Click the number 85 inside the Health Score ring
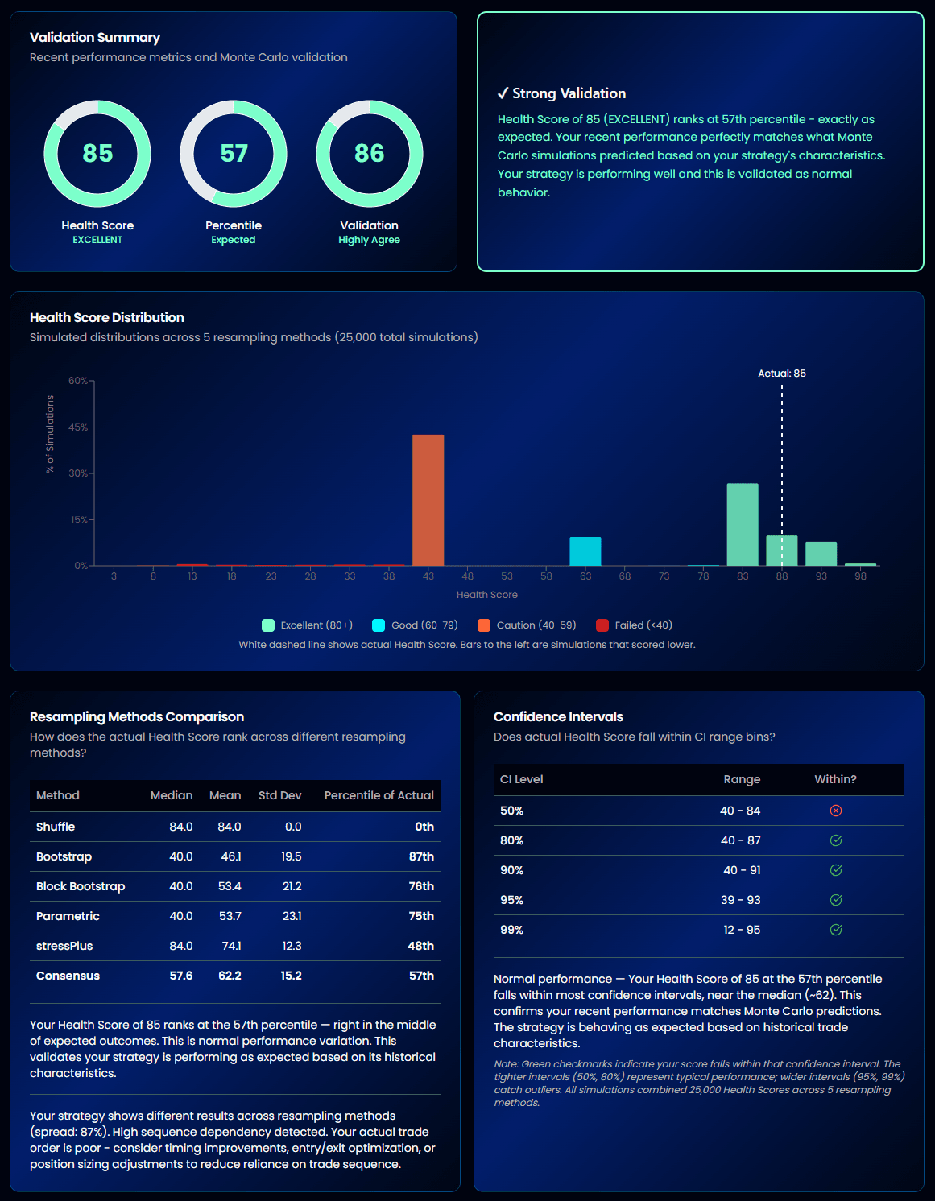pos(97,153)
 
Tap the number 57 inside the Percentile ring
pos(234,153)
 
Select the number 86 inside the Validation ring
pos(370,153)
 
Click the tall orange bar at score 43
pos(428,500)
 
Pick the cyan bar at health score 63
pos(585,551)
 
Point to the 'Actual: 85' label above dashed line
pos(781,374)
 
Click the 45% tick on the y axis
pos(78,427)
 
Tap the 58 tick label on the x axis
pos(546,576)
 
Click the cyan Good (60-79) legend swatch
pos(379,625)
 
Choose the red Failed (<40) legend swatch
pos(602,625)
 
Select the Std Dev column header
pos(279,795)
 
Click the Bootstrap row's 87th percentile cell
pos(421,856)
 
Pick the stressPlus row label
pos(64,946)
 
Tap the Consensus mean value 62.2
pos(230,976)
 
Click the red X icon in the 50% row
pos(836,811)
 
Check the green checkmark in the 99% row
pos(836,930)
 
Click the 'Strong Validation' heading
pos(569,93)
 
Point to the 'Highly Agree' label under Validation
pos(369,240)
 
